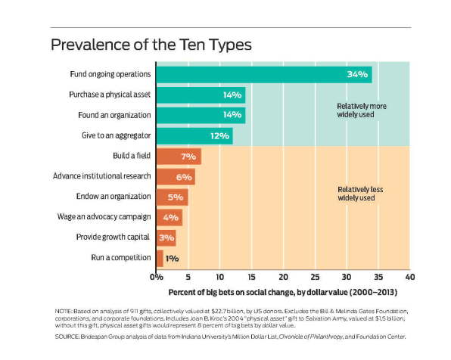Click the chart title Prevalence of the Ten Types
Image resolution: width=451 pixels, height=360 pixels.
coord(151,45)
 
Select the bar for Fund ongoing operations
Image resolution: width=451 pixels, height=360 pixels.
coord(264,75)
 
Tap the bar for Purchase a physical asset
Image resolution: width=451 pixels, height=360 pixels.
coord(201,95)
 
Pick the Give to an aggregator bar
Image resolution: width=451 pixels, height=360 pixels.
coord(194,136)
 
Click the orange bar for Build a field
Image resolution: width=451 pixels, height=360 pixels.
coord(179,157)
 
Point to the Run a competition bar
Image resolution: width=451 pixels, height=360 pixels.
coord(160,259)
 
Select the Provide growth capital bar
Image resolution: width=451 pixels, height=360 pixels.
coord(166,238)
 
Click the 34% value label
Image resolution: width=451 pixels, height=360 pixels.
coord(357,74)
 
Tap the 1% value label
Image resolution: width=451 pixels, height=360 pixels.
coord(172,259)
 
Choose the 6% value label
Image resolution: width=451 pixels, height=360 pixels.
coord(184,177)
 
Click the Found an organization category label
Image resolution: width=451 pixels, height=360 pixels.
coord(114,115)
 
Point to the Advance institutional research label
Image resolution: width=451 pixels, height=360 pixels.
coord(102,176)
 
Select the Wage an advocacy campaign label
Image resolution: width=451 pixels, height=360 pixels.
coord(104,217)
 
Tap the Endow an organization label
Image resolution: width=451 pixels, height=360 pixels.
coord(114,197)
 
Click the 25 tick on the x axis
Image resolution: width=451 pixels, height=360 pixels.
coord(315,278)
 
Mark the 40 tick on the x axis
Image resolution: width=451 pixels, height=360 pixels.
coord(410,278)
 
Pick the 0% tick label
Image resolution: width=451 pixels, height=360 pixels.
coord(157,278)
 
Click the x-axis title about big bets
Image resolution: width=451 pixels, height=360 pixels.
coord(283,293)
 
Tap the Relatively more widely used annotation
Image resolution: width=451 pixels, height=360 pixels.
coord(362,110)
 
